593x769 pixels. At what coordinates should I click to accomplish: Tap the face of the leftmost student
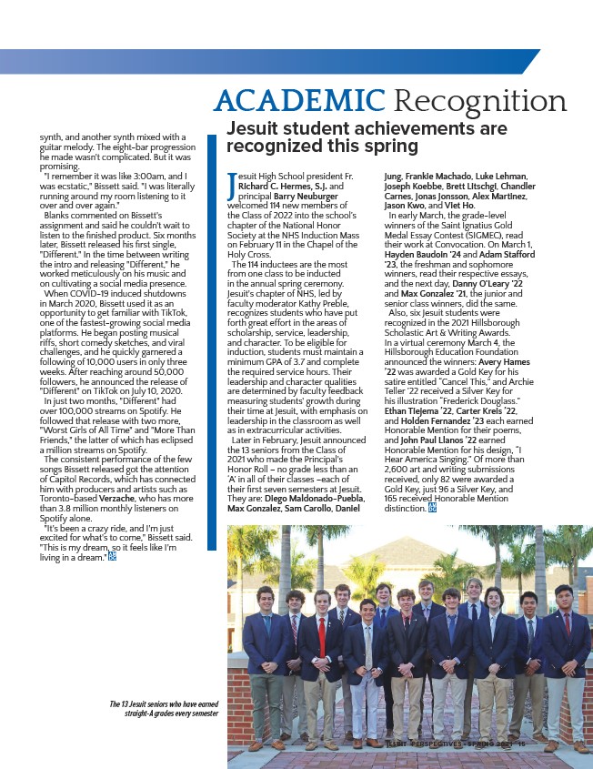pos(266,597)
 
